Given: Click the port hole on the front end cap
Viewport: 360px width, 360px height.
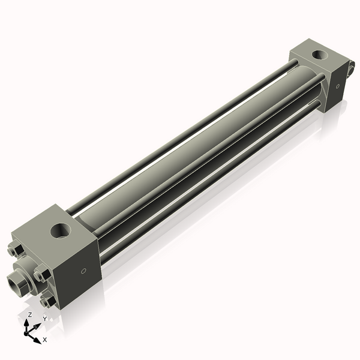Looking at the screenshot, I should click(60, 229).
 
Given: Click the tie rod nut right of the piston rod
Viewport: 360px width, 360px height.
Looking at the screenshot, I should click(41, 275).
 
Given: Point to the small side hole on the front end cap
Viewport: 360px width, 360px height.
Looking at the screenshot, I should click(84, 271).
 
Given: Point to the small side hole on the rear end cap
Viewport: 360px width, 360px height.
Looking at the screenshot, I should click(338, 87).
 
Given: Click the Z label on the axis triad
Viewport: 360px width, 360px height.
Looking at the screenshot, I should click(29, 315).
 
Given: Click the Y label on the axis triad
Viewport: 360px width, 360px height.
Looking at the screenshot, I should click(44, 319).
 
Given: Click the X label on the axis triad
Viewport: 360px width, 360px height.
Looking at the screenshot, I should click(45, 340).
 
